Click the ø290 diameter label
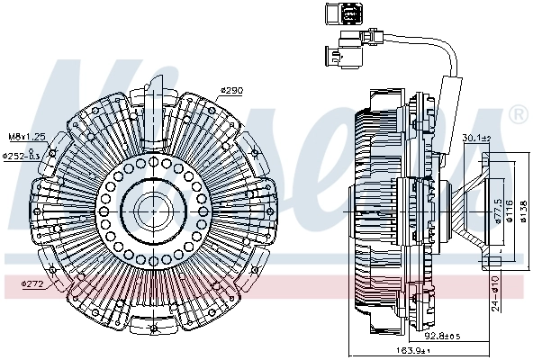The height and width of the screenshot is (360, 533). [232, 92]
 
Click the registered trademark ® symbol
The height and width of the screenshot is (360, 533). [518, 115]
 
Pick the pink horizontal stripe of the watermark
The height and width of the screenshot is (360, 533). [270, 286]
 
